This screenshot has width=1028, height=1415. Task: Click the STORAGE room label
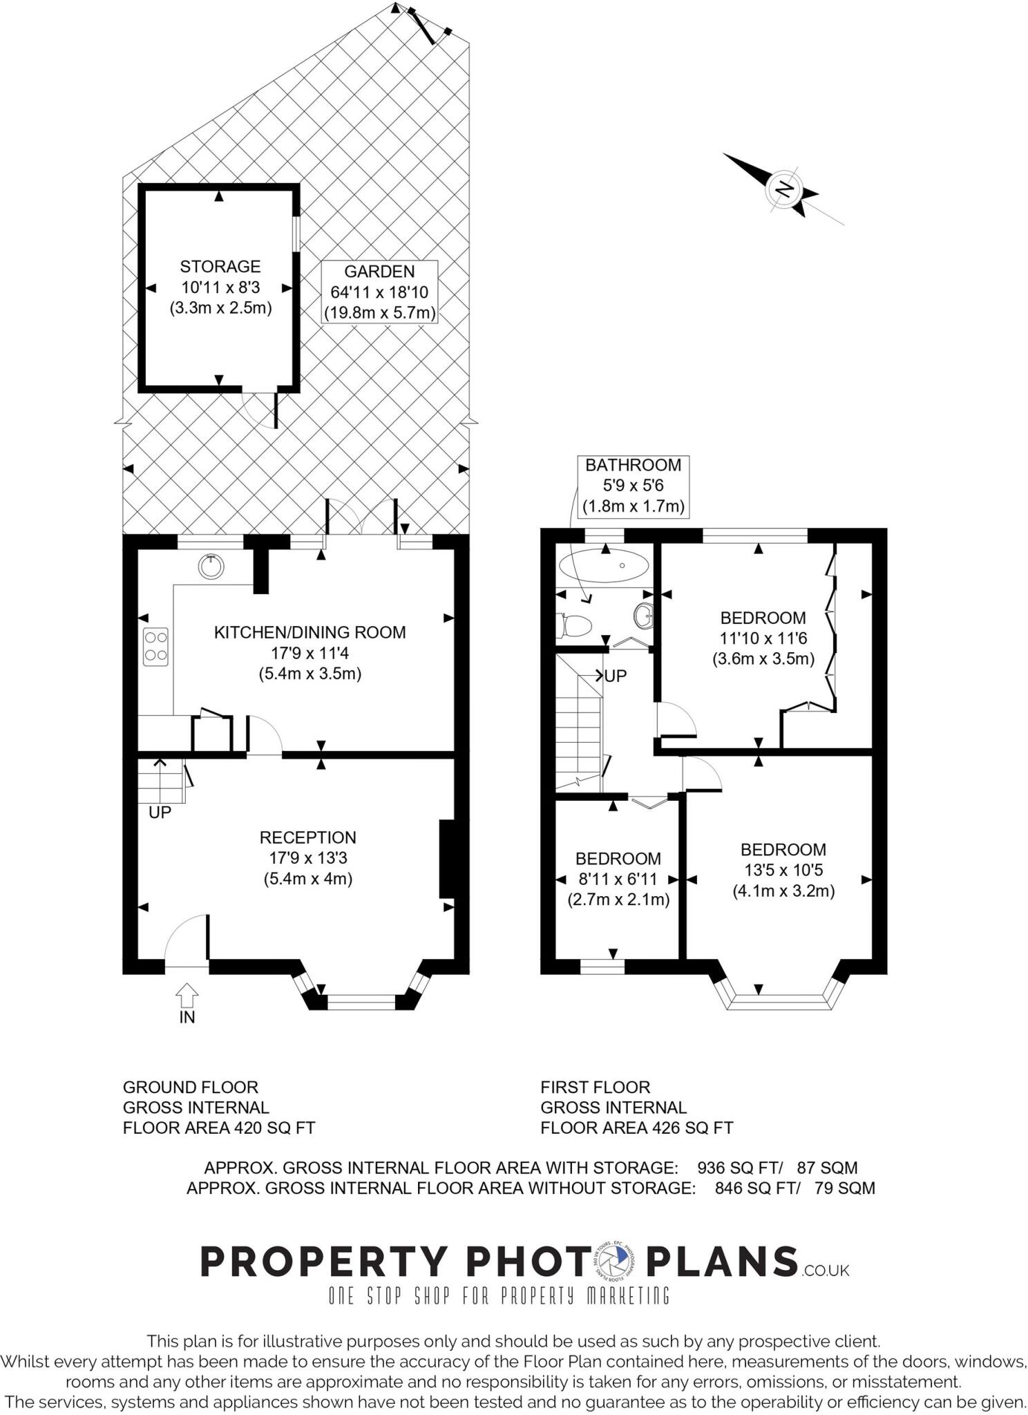220,267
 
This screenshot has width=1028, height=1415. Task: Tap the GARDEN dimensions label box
379,292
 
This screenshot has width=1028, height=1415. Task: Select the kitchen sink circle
211,567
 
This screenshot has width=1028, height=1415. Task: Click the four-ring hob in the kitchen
155,647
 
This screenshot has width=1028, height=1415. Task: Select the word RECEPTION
307,837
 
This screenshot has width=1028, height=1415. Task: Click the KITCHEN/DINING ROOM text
310,632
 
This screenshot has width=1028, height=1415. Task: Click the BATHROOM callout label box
633,485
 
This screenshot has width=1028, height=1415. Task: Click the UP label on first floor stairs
615,676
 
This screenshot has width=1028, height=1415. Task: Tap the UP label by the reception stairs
160,813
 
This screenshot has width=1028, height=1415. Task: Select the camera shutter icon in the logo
613,1261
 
